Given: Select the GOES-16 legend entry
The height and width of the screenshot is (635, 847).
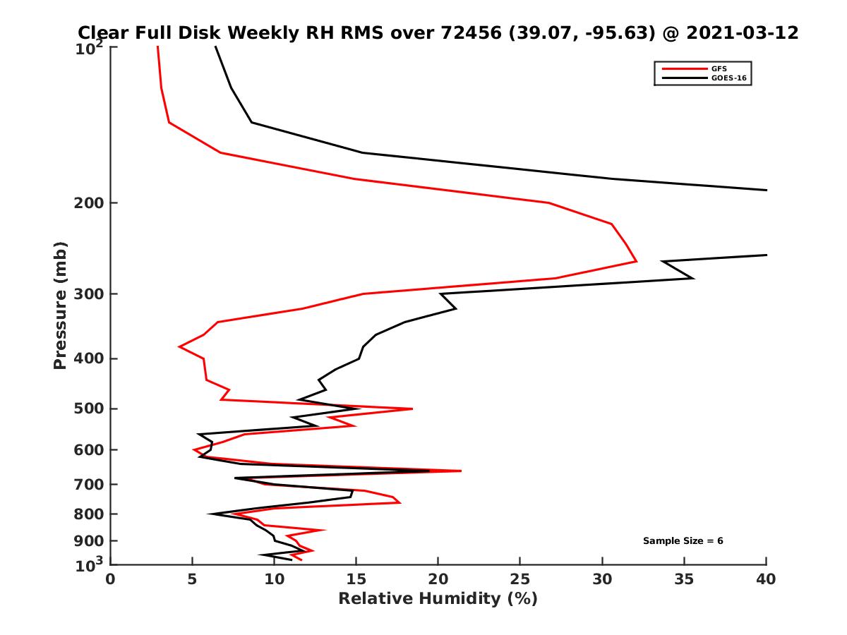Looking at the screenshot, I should pos(728,78).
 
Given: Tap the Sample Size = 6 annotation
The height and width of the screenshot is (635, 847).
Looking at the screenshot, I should pos(683,541).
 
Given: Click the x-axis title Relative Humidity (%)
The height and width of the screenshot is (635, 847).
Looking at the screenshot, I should pos(438,599).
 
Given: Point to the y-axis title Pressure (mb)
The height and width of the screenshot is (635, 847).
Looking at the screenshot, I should pos(60,306).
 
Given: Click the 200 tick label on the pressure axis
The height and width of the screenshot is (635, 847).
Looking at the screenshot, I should pos(85,203).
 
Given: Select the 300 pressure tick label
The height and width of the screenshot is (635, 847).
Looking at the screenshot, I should pos(85,294).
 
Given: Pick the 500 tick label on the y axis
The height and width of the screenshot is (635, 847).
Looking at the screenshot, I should pos(85,409).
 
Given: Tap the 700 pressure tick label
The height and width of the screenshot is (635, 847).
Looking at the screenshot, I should pos(85,485).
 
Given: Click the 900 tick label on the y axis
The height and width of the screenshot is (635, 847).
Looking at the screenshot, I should pos(85,541).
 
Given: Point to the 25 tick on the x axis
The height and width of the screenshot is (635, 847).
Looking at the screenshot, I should pos(520,579).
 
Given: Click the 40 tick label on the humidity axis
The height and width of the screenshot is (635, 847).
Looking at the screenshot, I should pos(766,579).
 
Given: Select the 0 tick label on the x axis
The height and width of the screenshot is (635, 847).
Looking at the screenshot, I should pos(111,579).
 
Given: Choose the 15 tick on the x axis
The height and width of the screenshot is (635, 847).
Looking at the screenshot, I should pos(356,579).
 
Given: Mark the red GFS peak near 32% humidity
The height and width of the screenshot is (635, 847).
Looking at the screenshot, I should pos(636,261).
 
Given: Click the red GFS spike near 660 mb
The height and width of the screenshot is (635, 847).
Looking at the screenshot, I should pos(460,471).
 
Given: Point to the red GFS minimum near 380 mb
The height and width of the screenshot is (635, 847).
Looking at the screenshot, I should pos(179,346).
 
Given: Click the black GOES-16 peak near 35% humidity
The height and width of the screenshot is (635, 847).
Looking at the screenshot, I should pos(693,278).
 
